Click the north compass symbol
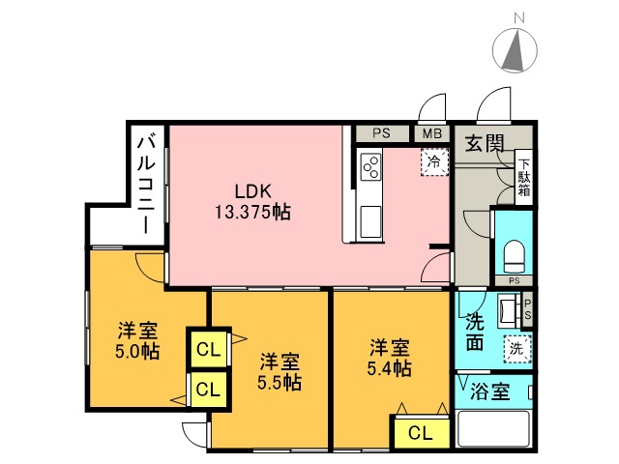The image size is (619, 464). point(518,47)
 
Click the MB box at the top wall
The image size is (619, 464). point(432,134)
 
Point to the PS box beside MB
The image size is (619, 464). point(381,134)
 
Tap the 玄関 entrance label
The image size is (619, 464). point(484,144)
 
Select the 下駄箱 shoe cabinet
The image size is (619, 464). point(523,177)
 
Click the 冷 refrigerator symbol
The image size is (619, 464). point(434,162)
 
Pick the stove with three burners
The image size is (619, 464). point(371,170)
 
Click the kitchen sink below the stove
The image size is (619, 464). point(371,219)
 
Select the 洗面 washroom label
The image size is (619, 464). point(475,331)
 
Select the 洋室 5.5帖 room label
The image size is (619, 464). point(280,372)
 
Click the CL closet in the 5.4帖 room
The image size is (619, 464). point(420,432)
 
